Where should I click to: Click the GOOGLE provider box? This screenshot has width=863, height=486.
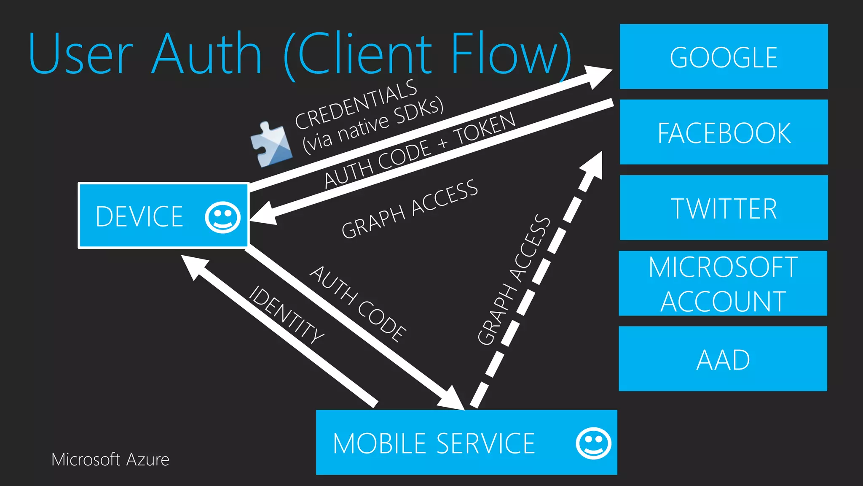(x=724, y=57)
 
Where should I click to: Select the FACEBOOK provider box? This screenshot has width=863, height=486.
(x=724, y=132)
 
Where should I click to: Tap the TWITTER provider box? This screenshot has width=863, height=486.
(x=724, y=208)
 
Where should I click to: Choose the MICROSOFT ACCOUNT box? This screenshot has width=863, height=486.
(x=723, y=283)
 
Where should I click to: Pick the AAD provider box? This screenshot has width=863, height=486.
(x=723, y=359)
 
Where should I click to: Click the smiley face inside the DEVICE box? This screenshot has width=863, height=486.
(x=222, y=217)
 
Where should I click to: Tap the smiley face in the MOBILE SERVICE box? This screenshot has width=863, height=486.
(x=593, y=443)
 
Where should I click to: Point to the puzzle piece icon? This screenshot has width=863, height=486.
(x=271, y=145)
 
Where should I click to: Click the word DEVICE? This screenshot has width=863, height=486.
(x=139, y=216)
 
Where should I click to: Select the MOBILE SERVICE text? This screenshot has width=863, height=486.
(x=434, y=443)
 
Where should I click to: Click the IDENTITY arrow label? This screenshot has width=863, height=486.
(x=287, y=315)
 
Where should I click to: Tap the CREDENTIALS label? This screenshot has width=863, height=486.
(x=356, y=105)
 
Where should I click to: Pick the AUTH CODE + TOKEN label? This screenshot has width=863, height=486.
(x=420, y=150)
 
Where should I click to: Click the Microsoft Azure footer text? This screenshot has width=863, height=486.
(x=110, y=459)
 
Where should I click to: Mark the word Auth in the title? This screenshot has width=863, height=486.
(x=207, y=54)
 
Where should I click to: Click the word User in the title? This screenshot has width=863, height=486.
(x=80, y=54)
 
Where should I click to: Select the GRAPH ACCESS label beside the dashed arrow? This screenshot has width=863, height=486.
(x=514, y=281)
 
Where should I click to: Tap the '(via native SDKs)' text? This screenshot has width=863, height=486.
(x=373, y=125)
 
